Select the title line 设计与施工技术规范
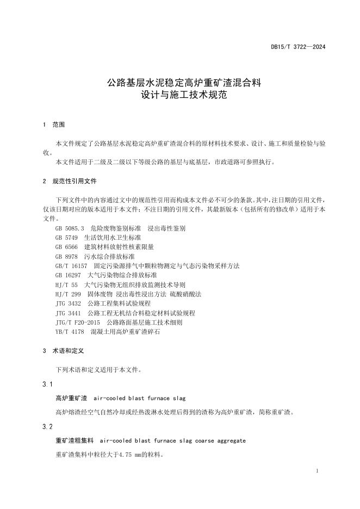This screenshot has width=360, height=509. coord(184,96)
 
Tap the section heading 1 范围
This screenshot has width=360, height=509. coord(54,125)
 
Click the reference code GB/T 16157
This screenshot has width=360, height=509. coord(71,265)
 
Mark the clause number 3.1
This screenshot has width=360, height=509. coord(47,385)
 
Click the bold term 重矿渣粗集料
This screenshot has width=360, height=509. coord(75,440)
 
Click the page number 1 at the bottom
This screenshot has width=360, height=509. coord(317,471)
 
